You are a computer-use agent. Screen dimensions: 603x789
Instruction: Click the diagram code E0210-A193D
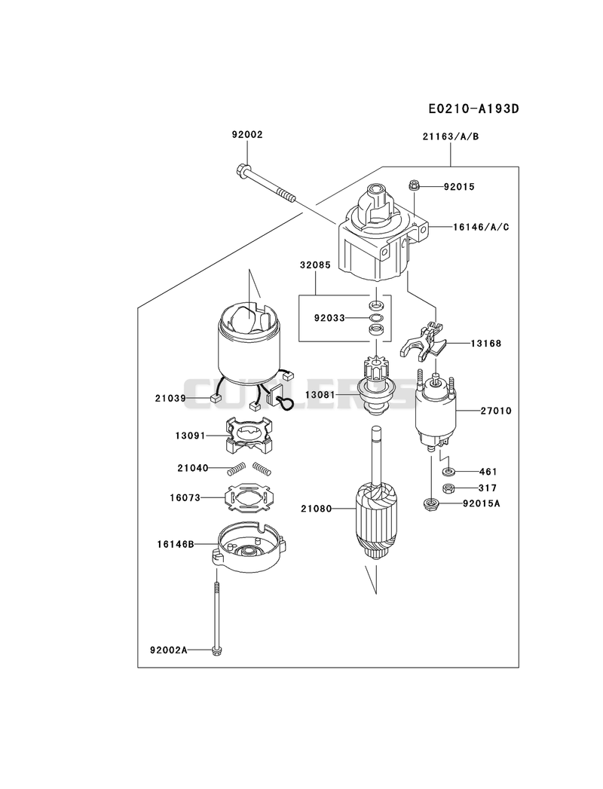[x=473, y=109]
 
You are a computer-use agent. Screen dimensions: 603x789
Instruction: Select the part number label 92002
[x=247, y=135]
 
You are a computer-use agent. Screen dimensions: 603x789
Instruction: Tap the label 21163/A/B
[x=451, y=136]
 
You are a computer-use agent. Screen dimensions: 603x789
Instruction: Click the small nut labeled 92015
[x=414, y=185]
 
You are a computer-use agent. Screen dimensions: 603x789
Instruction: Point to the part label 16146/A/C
[x=481, y=227]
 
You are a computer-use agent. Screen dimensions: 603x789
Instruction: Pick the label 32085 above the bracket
[x=315, y=265]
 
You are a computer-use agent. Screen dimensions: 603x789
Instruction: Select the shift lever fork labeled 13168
[x=424, y=342]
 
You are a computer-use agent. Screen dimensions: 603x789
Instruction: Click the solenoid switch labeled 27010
[x=436, y=411]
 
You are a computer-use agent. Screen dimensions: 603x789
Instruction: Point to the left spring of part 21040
[x=236, y=469]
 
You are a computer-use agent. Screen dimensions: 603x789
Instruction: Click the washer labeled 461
[x=448, y=472]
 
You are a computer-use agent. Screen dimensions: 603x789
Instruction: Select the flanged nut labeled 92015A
[x=431, y=503]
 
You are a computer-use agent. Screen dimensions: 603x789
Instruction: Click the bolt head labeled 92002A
[x=216, y=650]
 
